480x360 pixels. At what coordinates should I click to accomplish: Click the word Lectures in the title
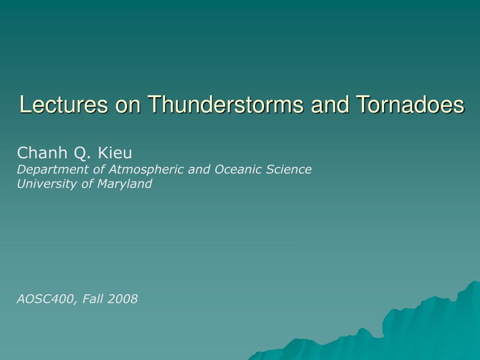pos(64,105)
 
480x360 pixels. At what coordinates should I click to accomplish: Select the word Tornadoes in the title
pos(410,105)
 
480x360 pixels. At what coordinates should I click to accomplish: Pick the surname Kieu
pos(115,153)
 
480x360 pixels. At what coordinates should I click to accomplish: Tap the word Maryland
pos(125,184)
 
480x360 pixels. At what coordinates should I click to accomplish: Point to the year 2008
pos(123,299)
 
